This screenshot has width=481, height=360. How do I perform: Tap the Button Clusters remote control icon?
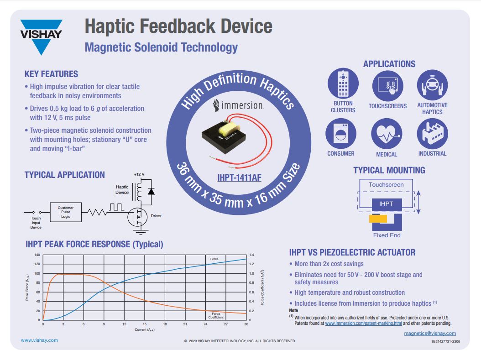(x=343, y=83)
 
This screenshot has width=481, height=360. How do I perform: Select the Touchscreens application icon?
(x=388, y=86)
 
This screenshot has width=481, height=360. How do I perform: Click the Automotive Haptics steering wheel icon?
(x=432, y=85)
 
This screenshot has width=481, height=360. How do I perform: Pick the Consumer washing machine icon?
(x=341, y=134)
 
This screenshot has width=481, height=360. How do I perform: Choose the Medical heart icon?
(x=387, y=134)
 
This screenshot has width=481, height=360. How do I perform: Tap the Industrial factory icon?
(x=432, y=134)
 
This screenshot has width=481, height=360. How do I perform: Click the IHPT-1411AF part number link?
(x=239, y=177)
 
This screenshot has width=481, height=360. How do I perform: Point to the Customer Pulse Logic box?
(x=66, y=212)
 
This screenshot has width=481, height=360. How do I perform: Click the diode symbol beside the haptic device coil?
(x=151, y=192)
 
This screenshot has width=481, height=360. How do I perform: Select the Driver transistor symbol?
(x=137, y=217)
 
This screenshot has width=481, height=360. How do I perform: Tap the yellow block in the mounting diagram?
(x=378, y=219)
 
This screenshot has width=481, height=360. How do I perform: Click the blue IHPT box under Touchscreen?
(x=387, y=204)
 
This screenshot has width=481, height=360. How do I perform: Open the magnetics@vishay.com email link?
(x=430, y=334)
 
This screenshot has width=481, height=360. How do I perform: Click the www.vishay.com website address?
(x=39, y=340)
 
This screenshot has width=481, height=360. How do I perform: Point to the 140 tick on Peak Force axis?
(x=37, y=255)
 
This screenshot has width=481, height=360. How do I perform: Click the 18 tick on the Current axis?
(x=165, y=324)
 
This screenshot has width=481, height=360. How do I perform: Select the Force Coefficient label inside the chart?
(x=216, y=316)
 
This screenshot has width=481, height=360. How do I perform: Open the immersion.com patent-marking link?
(x=364, y=323)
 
